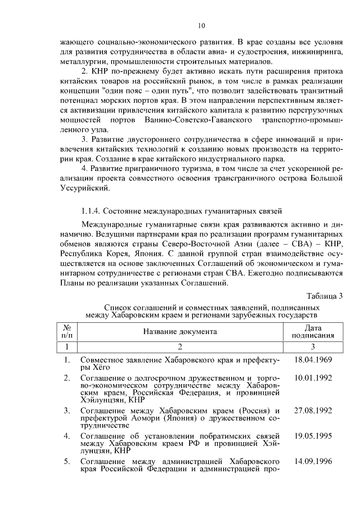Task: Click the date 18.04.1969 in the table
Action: click(x=313, y=358)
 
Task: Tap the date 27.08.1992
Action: click(x=313, y=410)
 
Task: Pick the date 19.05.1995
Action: click(x=313, y=435)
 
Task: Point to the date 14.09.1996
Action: click(x=313, y=461)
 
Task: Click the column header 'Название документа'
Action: click(x=179, y=331)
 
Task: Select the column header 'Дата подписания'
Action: click(x=313, y=331)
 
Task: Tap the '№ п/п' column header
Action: click(x=66, y=331)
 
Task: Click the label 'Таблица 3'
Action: click(x=324, y=297)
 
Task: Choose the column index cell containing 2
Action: click(x=179, y=346)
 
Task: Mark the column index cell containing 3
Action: click(x=313, y=346)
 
